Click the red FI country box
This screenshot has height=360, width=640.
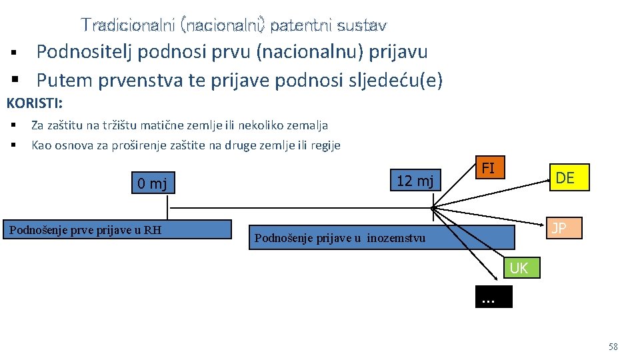pyautogui.click(x=488, y=168)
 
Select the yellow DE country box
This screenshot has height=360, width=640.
pyautogui.click(x=565, y=178)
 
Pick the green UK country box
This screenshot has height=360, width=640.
pyautogui.click(x=519, y=268)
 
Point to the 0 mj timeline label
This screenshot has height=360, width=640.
pyautogui.click(x=153, y=183)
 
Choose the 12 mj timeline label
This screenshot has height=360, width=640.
pyautogui.click(x=415, y=180)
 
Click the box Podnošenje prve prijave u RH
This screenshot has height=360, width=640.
pyautogui.click(x=85, y=231)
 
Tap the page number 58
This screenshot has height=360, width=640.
pyautogui.click(x=613, y=347)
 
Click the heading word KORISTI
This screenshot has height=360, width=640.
pyautogui.click(x=34, y=104)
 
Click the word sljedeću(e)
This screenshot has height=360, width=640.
pyautogui.click(x=393, y=80)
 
